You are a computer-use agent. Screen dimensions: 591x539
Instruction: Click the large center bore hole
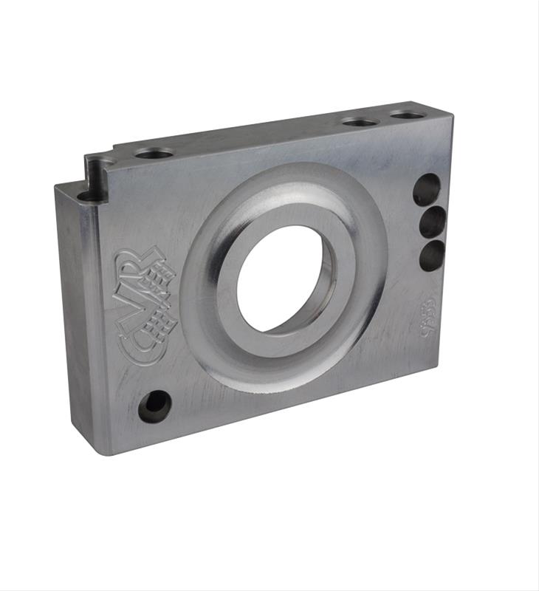(284, 277)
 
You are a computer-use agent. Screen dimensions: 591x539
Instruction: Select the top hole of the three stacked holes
(426, 190)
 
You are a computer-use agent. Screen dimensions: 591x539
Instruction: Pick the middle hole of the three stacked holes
(432, 222)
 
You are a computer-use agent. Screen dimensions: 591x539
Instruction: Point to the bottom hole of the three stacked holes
(433, 255)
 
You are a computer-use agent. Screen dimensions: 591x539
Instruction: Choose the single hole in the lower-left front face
(155, 406)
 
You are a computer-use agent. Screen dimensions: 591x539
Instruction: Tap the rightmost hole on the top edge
(408, 115)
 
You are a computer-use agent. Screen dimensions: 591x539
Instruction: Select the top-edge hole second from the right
(360, 121)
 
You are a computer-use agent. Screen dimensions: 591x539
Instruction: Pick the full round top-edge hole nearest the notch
(154, 154)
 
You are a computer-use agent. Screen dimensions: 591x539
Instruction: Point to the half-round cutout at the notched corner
(91, 195)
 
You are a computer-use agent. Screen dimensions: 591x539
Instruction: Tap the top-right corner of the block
(451, 112)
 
